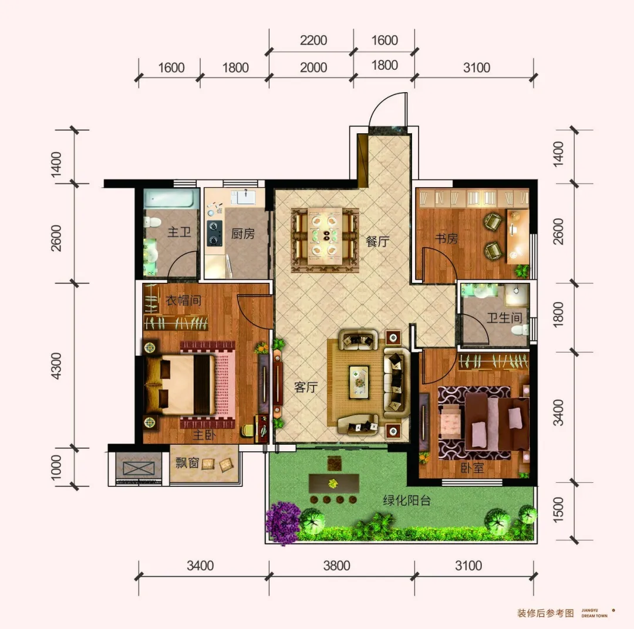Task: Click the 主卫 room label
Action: (x=179, y=232)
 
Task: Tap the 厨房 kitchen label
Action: (x=242, y=234)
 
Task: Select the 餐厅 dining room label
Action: (x=377, y=241)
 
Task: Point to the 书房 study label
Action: (x=446, y=238)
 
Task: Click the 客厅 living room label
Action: (x=306, y=387)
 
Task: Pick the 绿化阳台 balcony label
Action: (x=406, y=501)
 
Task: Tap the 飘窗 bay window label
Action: (x=187, y=462)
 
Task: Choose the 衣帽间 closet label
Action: (x=183, y=300)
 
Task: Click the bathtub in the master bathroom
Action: (x=171, y=199)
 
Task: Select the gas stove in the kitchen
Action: (x=214, y=234)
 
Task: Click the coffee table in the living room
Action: (x=359, y=380)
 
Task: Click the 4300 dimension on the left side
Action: (x=56, y=366)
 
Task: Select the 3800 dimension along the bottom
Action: (x=336, y=566)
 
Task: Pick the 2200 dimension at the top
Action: (x=313, y=40)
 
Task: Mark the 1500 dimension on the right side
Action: (x=558, y=510)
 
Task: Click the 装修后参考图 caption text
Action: (x=545, y=613)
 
